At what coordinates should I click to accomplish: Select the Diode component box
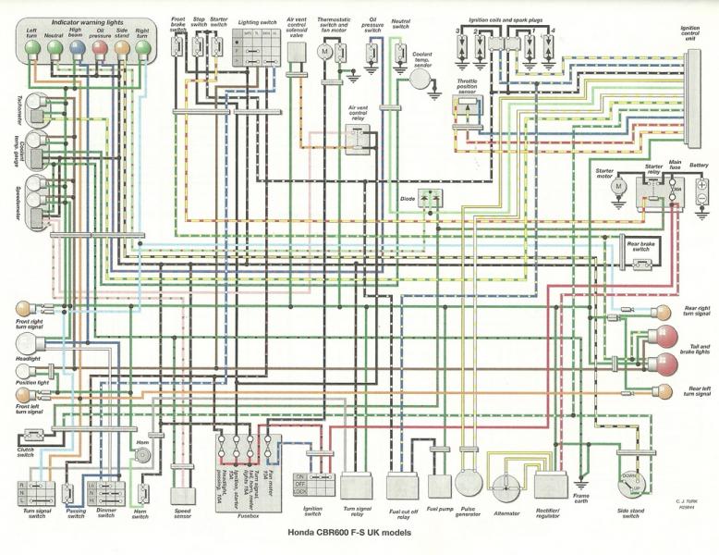click(x=430, y=198)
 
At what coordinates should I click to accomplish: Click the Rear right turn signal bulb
click(x=663, y=313)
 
